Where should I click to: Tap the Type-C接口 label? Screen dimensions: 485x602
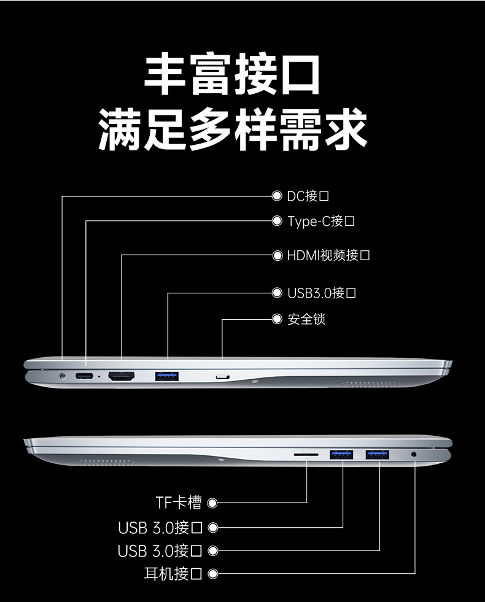coord(321,221)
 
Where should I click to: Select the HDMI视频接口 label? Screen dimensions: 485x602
coord(328,255)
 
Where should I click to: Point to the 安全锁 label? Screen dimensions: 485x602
coord(306,319)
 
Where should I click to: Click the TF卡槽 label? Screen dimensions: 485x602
coord(178,503)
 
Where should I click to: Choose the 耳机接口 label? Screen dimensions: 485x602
coord(173,574)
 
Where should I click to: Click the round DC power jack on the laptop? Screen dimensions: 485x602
coord(61,376)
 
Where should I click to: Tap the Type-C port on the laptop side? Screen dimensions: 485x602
coord(84,376)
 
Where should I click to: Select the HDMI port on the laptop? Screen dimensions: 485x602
coord(122,376)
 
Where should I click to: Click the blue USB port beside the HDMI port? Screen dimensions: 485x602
coord(166,375)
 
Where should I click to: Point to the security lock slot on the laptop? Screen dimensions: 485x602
coord(222,376)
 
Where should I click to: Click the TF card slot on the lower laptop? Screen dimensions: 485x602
coord(306,455)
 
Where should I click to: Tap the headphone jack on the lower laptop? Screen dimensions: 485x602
coord(414,455)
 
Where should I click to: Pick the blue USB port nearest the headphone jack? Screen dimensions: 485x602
coord(378,455)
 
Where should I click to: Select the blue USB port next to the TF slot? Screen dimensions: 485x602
coord(341,455)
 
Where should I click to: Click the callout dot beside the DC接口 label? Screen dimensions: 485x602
coord(277,196)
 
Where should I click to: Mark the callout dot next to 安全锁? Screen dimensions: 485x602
coord(277,319)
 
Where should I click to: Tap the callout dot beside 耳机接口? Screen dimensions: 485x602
coord(213,574)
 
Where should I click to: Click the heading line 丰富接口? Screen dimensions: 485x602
coord(233,74)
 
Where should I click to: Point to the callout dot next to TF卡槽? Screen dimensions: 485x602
coord(213,503)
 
